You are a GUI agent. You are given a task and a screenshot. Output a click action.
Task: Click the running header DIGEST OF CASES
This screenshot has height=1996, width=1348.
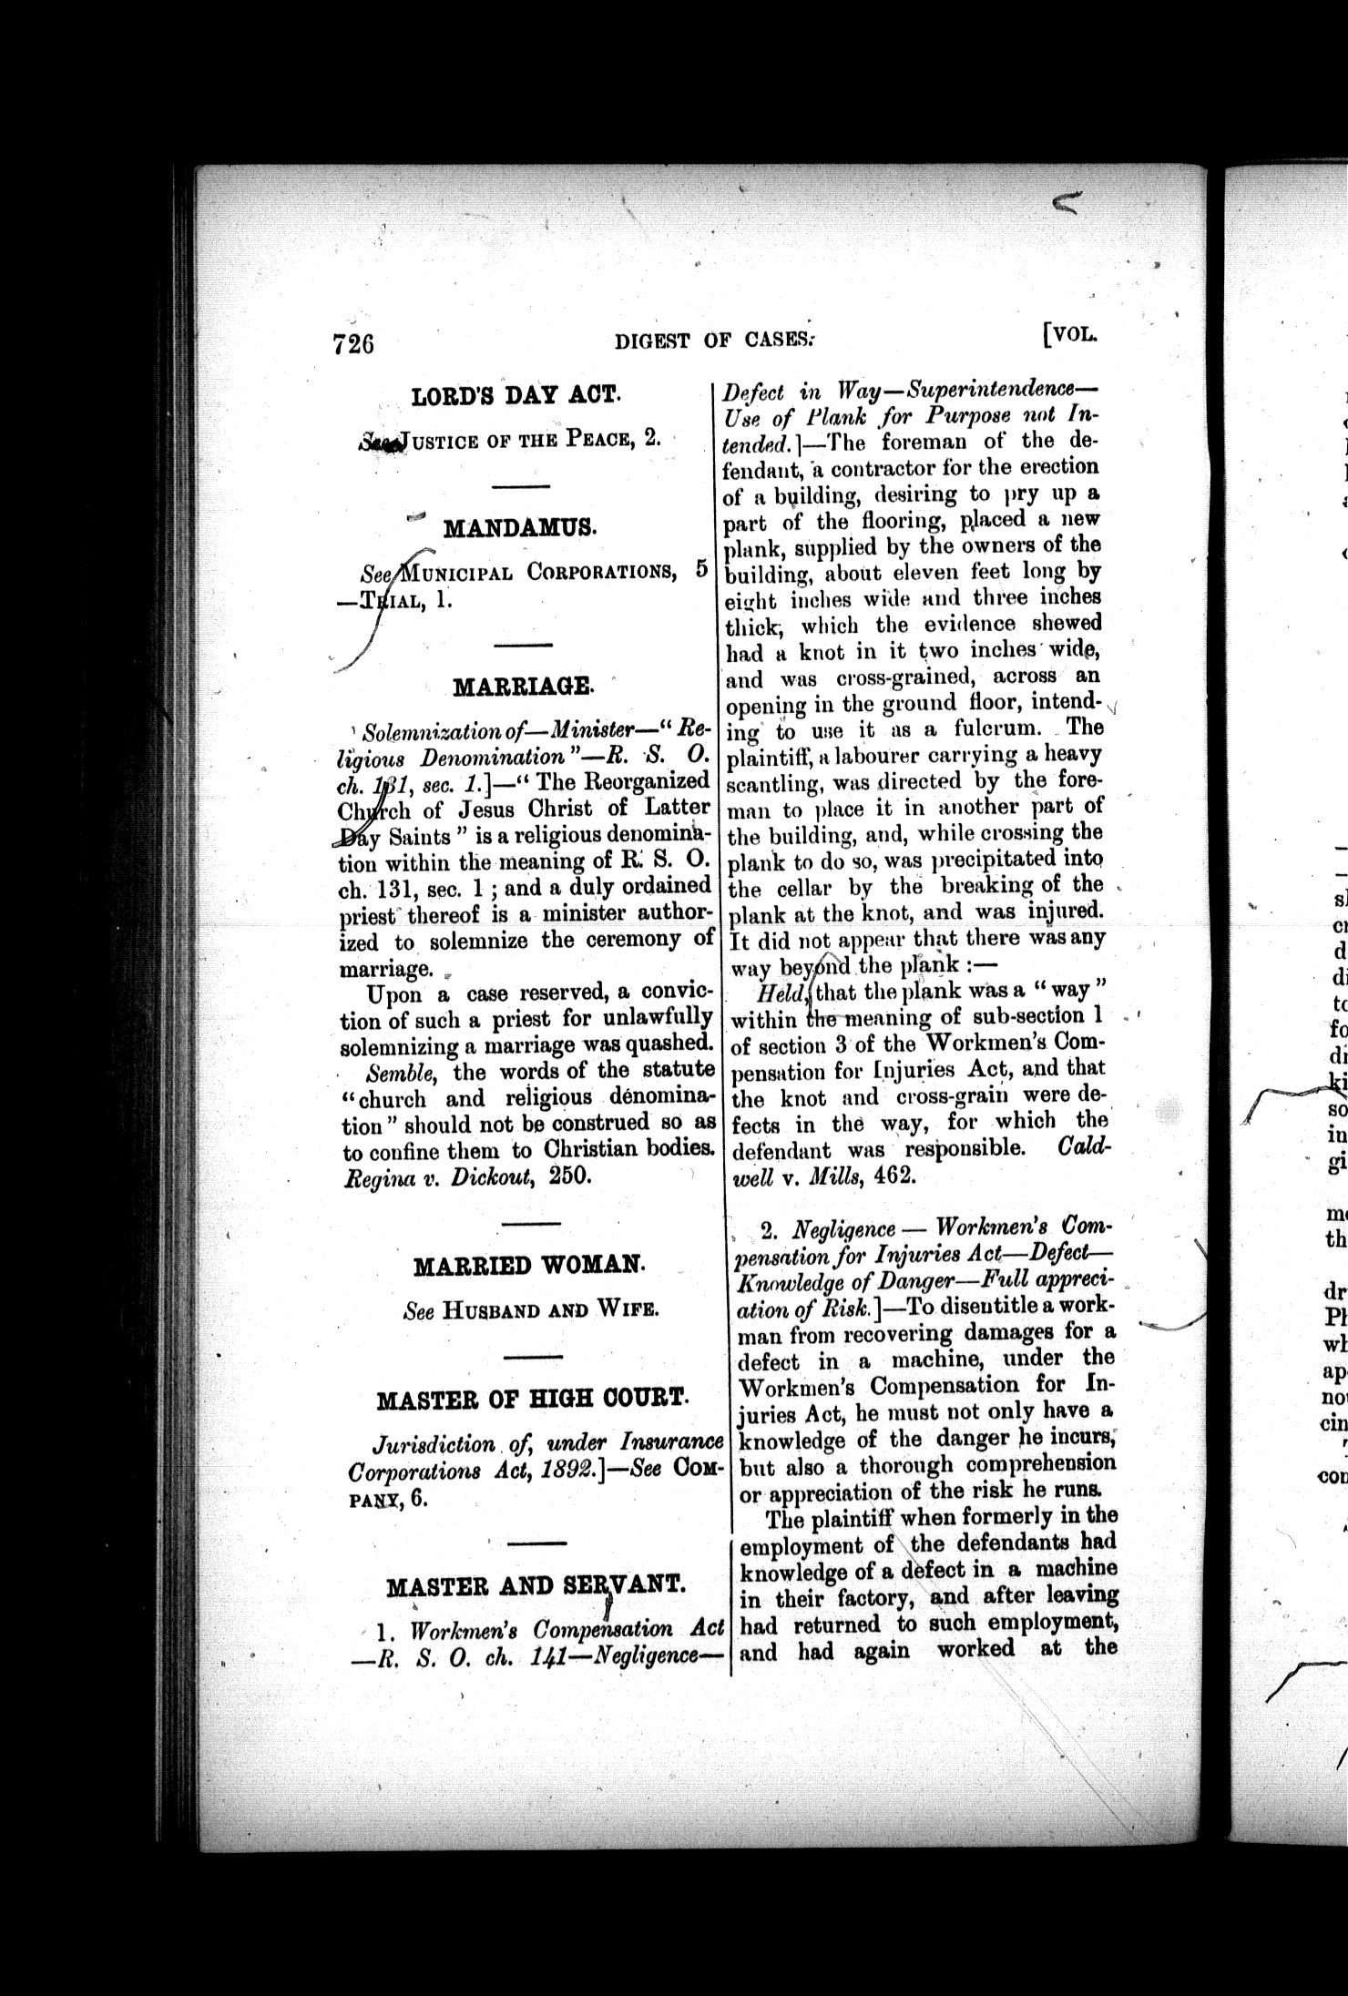point(714,341)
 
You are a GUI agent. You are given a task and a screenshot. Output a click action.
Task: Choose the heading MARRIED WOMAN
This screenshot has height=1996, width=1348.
point(529,1266)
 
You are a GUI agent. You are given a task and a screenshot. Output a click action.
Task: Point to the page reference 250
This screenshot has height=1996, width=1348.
point(571,1175)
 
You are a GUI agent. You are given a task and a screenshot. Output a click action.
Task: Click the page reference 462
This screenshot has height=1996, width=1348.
point(893,1176)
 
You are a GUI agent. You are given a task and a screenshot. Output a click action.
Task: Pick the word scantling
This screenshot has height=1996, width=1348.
point(772,781)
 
